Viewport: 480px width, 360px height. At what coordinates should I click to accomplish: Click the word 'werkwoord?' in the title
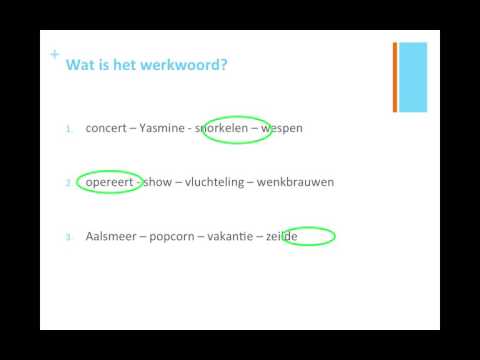coord(190,65)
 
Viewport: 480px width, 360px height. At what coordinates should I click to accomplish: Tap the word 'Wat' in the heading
coord(79,65)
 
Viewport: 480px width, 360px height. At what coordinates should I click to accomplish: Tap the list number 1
coord(69,130)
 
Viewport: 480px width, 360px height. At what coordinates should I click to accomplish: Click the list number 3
coord(69,238)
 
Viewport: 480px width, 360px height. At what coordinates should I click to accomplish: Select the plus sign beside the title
coord(54,54)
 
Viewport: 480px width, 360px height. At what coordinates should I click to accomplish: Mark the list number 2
coord(69,184)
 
